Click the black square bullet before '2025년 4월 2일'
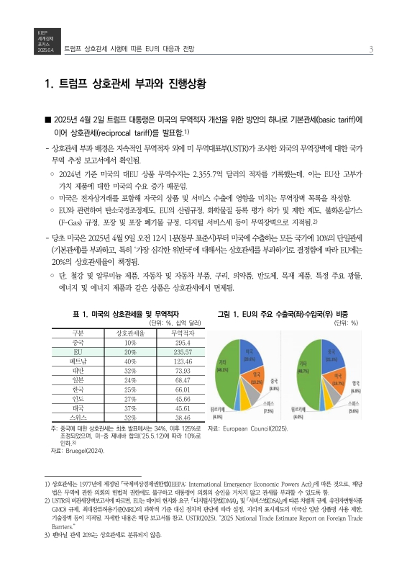(x=47, y=120)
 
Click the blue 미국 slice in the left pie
(x=249, y=354)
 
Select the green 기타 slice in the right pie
(x=309, y=374)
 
